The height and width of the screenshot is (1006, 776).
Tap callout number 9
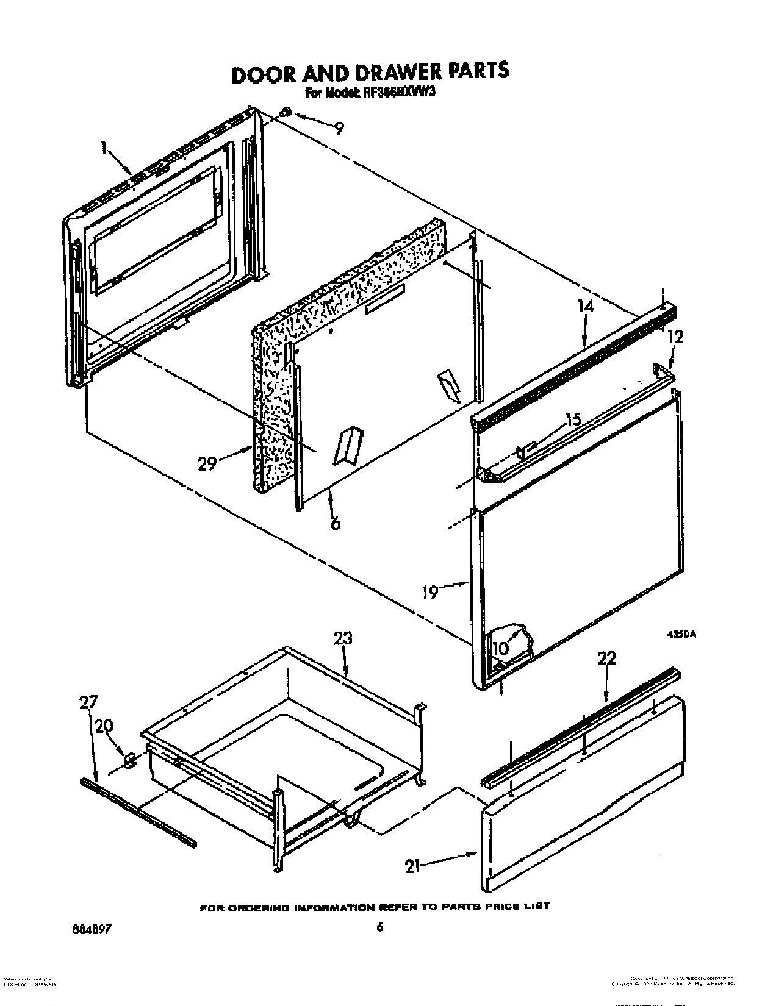click(339, 128)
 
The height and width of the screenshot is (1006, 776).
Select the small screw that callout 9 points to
click(286, 113)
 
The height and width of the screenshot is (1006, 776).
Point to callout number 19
click(431, 591)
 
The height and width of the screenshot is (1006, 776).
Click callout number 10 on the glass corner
click(500, 649)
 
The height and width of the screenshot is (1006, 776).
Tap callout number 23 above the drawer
click(343, 638)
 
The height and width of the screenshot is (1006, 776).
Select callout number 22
click(607, 658)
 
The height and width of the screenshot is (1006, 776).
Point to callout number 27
click(88, 702)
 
